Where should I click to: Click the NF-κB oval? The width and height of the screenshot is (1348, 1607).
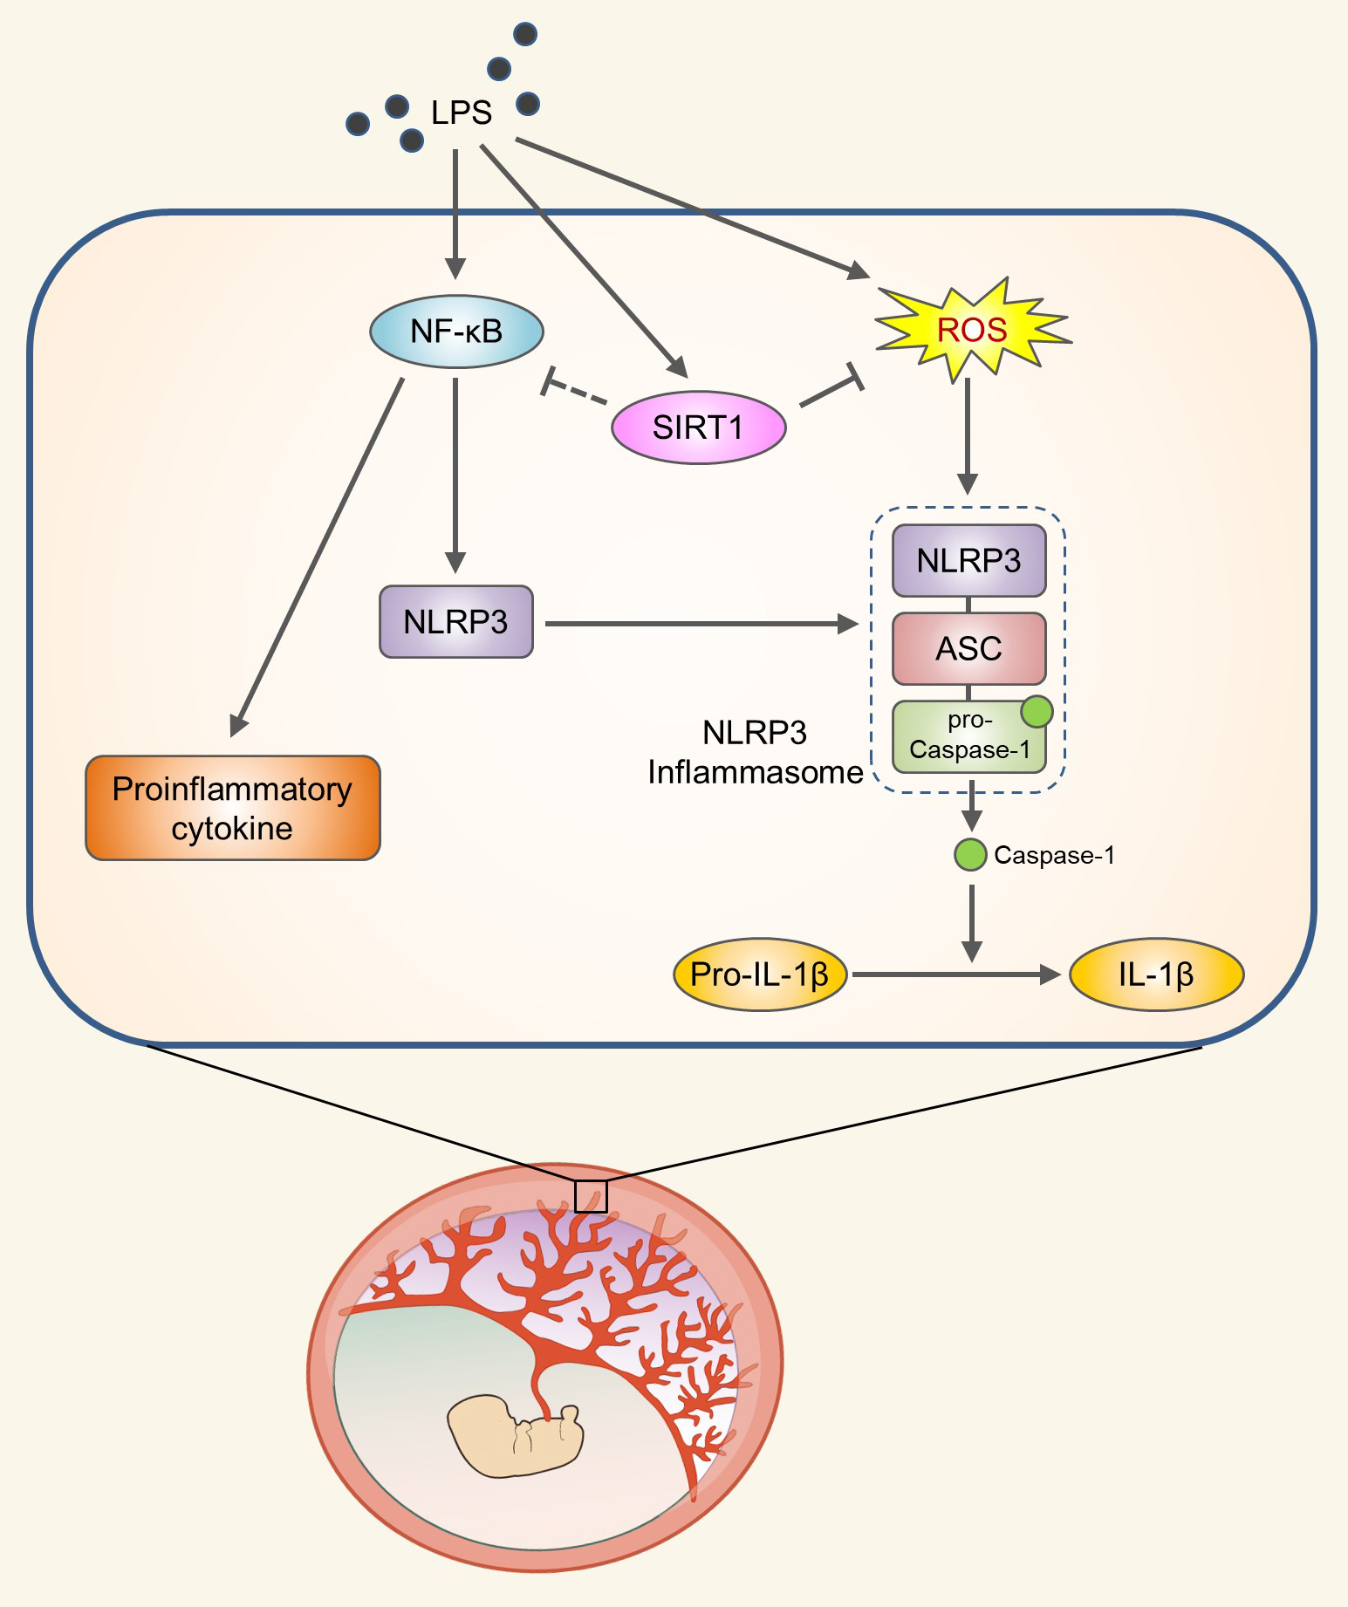coord(456,332)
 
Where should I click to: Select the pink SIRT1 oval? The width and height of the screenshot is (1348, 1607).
coord(698,427)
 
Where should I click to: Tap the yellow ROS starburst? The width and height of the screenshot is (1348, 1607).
coord(972,330)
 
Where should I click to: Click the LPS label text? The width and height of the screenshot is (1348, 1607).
coord(462,113)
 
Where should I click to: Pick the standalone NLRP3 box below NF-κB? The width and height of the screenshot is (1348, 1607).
coord(455,621)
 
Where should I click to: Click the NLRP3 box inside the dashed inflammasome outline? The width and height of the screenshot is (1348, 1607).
coord(968,560)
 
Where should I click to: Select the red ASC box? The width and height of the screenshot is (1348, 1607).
coord(968,648)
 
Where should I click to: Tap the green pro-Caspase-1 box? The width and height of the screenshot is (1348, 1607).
coord(968,736)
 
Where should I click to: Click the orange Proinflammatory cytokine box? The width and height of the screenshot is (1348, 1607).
coord(233,808)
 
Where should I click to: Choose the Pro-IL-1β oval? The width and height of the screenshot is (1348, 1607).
coord(760,974)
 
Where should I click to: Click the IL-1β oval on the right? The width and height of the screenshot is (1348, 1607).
coord(1156,974)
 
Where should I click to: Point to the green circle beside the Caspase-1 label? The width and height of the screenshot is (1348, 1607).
coord(969,855)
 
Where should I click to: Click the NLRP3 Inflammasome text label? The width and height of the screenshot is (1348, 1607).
coord(755,752)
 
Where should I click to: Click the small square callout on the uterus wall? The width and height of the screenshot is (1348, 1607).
coord(591,1196)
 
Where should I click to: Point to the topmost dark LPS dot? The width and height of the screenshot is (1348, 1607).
coord(525,34)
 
